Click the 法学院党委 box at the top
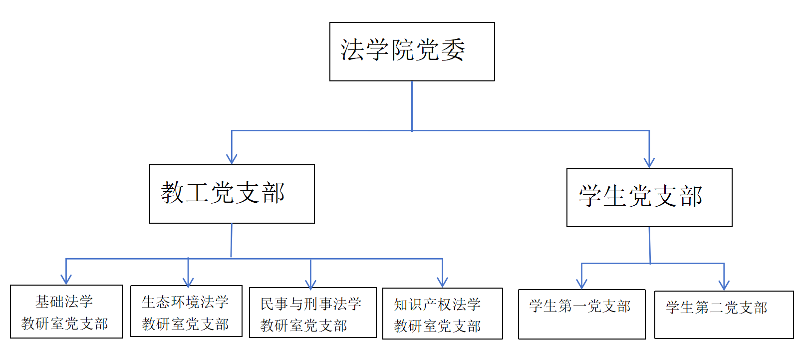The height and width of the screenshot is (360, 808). [412, 51]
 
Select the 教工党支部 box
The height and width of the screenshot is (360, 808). [232, 194]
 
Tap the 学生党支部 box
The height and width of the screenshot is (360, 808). [649, 198]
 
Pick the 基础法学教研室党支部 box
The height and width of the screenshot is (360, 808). [66, 312]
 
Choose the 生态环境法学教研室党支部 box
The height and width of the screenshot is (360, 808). [186, 311]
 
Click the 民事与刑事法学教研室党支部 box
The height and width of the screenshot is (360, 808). [313, 313]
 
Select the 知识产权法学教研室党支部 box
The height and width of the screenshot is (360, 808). [443, 314]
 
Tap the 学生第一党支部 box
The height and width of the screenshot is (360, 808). [582, 314]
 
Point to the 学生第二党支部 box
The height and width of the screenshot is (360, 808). [724, 315]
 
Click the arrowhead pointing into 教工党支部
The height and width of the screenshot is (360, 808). [232, 159]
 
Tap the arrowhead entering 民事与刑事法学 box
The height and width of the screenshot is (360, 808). [310, 284]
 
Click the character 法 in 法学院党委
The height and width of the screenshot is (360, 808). [352, 50]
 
